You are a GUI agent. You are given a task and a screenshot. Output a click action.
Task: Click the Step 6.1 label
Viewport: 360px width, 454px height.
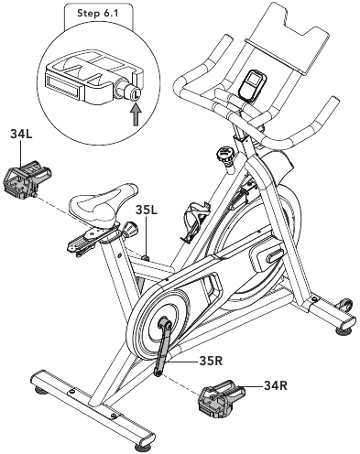(x=97, y=14)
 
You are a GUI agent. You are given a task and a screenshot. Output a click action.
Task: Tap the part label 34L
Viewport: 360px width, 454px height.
(x=21, y=134)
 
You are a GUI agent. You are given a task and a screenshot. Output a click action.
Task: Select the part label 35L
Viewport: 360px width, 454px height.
(x=147, y=210)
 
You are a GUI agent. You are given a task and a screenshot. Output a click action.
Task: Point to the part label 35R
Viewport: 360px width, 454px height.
(x=211, y=361)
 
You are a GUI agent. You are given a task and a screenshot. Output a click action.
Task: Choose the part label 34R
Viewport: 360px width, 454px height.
(x=276, y=385)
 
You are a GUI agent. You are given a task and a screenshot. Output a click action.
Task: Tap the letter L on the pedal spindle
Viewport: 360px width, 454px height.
(x=136, y=92)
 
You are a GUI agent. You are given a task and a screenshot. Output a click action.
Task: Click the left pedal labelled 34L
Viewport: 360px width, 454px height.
(x=27, y=181)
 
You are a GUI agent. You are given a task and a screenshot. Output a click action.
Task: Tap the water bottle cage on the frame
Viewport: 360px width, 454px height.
(x=196, y=221)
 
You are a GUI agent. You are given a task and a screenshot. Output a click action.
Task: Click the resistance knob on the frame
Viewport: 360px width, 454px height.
(x=226, y=155)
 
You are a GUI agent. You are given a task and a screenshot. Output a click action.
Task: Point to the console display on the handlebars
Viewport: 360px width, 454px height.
(x=252, y=85)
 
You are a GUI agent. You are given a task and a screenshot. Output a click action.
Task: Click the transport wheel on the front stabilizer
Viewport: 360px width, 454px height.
(x=346, y=304)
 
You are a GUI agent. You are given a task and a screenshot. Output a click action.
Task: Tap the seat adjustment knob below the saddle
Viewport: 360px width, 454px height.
(x=130, y=229)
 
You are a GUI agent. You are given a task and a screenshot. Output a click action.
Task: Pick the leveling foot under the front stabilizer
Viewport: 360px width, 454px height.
(x=344, y=330)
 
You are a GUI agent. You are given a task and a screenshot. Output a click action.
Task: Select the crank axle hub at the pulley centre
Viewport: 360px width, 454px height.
(x=164, y=324)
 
